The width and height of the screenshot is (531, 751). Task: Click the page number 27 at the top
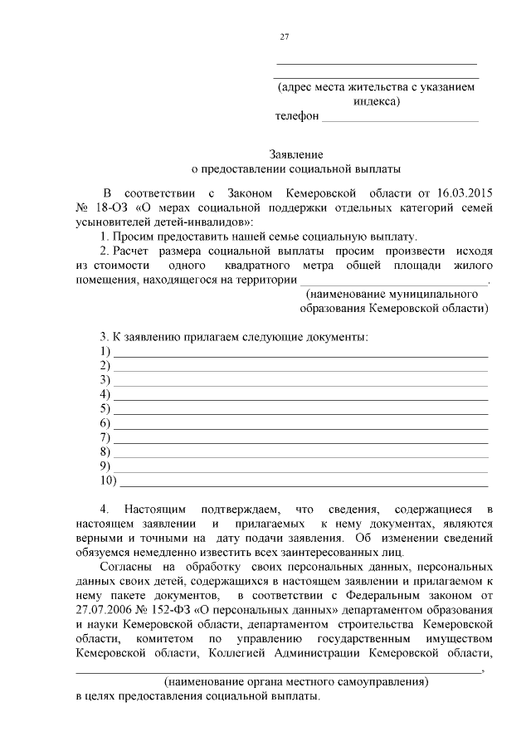(284, 37)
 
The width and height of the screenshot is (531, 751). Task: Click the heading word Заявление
(295, 154)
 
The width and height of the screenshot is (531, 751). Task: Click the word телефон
(297, 117)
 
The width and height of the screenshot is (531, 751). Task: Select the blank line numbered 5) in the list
(300, 410)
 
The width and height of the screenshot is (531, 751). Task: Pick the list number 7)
(105, 437)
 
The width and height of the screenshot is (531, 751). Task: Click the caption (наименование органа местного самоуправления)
(295, 681)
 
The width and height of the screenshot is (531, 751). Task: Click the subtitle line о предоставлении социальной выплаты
(295, 168)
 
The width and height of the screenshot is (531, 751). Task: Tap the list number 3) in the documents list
(105, 381)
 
